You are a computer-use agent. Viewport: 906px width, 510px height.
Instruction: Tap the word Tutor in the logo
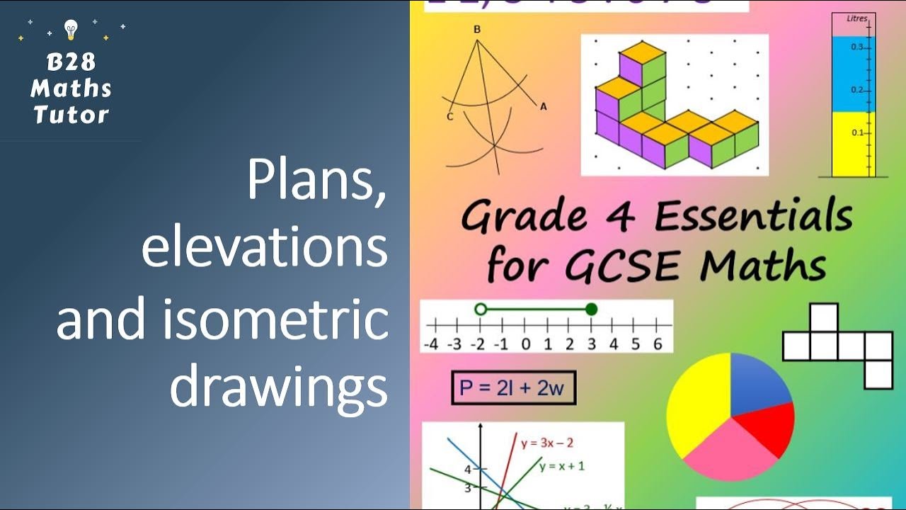tap(71, 115)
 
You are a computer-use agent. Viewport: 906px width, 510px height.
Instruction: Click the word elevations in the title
tap(265, 250)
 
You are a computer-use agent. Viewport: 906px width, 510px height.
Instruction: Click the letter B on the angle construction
tap(476, 30)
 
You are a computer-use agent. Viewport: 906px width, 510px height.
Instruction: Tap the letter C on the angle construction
tap(449, 117)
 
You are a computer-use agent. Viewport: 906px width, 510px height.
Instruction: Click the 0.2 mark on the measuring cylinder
tap(856, 90)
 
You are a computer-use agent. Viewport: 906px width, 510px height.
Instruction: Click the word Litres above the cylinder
tap(857, 19)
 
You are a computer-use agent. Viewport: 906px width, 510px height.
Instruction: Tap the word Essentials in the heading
tap(753, 217)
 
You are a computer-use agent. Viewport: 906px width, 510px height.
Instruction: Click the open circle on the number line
tap(481, 309)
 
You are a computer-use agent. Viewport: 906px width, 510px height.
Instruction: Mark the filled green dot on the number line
tap(592, 309)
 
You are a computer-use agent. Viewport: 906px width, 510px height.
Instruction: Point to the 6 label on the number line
tap(658, 344)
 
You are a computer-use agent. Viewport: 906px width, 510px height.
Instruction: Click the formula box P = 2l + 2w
tap(513, 388)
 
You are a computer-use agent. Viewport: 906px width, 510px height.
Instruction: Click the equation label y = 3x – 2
tap(547, 443)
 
